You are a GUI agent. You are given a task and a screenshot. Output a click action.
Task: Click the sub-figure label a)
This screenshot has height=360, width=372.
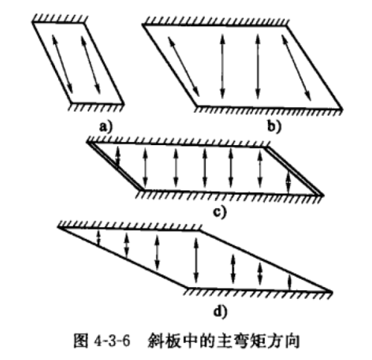click(106, 127)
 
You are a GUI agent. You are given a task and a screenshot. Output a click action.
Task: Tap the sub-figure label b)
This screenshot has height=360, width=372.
click(275, 127)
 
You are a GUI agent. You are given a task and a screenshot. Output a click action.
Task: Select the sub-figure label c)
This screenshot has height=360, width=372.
click(220, 212)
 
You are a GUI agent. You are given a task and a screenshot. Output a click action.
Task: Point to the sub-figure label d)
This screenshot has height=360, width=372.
click(220, 311)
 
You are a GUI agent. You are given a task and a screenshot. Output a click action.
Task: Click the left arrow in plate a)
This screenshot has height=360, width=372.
click(62, 64)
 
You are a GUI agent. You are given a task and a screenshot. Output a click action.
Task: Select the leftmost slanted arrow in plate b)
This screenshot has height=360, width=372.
click(184, 66)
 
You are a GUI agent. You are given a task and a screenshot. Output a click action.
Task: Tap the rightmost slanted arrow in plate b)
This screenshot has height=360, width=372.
click(296, 68)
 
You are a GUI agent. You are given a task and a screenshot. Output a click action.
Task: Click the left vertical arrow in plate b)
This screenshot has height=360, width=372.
click(222, 66)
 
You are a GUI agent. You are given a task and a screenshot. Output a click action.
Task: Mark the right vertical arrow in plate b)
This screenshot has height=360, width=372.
click(258, 66)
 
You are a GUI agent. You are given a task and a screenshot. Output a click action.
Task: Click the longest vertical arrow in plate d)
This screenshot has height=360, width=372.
click(196, 260)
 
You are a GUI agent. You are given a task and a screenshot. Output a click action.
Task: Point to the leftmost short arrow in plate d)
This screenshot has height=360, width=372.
click(98, 238)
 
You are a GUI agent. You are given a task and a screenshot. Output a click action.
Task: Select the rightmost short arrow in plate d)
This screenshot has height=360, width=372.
click(290, 282)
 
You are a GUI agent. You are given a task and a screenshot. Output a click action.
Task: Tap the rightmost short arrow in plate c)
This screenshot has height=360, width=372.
click(288, 182)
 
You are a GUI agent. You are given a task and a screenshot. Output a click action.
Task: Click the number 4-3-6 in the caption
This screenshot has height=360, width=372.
click(112, 341)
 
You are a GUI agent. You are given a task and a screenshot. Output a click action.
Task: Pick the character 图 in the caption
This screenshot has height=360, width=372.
click(80, 341)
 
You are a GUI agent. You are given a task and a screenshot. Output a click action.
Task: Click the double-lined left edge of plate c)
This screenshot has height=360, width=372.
click(115, 166)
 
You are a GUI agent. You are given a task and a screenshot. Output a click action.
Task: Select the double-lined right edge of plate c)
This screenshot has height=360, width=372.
click(294, 172)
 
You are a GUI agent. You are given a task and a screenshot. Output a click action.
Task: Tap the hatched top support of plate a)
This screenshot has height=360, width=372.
click(60, 19)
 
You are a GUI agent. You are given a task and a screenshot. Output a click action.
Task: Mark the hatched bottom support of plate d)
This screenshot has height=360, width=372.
click(258, 292)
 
